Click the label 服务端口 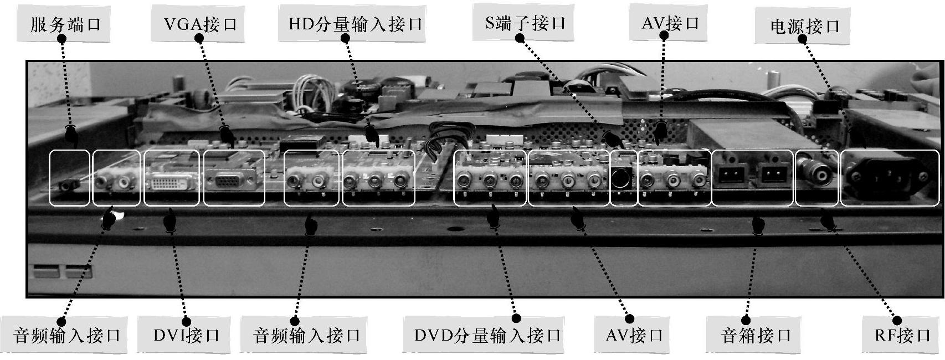point(65,24)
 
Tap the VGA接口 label point(200,24)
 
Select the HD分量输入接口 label point(355,24)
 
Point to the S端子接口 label point(525,23)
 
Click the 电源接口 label point(804,26)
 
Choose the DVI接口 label point(186,335)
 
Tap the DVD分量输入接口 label point(487,335)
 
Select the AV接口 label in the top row point(670,23)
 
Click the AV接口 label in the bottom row point(634,335)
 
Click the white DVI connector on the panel point(171,182)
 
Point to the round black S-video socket point(623,178)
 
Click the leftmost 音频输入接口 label point(66,335)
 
